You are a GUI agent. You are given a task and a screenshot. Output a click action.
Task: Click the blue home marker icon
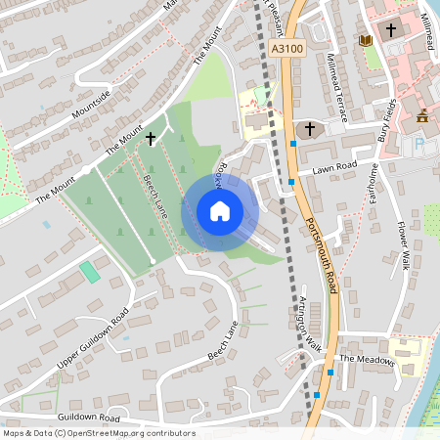[219, 210]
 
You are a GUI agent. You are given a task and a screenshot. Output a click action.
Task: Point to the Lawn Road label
[332, 168]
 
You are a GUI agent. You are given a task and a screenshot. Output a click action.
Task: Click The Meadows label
[367, 360]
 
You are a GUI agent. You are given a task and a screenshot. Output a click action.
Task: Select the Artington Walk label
[310, 322]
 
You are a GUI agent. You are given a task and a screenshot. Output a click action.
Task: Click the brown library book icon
[366, 40]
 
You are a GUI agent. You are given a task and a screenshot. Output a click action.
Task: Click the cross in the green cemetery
[151, 139]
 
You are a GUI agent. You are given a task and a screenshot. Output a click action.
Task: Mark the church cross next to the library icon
[391, 30]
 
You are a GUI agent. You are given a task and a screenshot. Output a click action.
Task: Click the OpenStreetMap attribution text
[98, 433]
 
